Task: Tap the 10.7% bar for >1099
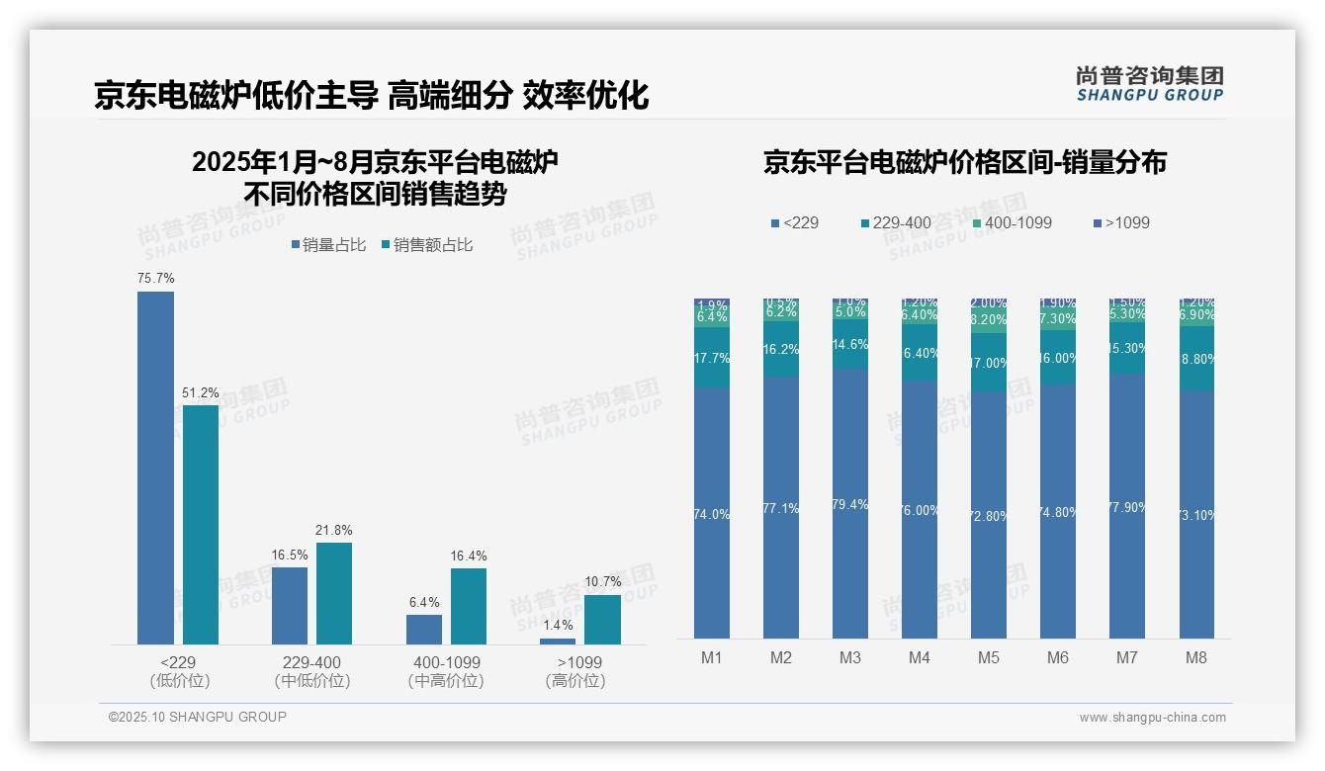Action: click(x=602, y=619)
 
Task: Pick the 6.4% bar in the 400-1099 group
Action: click(x=424, y=630)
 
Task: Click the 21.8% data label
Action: click(x=334, y=531)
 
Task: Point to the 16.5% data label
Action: click(x=290, y=556)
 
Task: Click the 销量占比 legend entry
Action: click(x=331, y=245)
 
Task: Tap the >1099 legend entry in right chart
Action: click(x=1121, y=222)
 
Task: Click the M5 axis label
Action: click(x=989, y=658)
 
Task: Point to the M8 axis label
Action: click(x=1196, y=658)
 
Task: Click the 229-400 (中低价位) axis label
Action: click(x=312, y=671)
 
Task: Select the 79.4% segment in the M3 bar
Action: click(x=850, y=504)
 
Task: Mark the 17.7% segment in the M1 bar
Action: click(x=712, y=358)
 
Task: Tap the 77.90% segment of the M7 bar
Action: click(x=1127, y=506)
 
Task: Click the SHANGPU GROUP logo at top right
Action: click(x=1149, y=83)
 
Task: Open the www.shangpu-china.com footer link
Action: click(x=1152, y=718)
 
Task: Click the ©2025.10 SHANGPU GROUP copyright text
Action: click(x=198, y=717)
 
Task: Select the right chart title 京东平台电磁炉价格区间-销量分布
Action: click(x=964, y=163)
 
